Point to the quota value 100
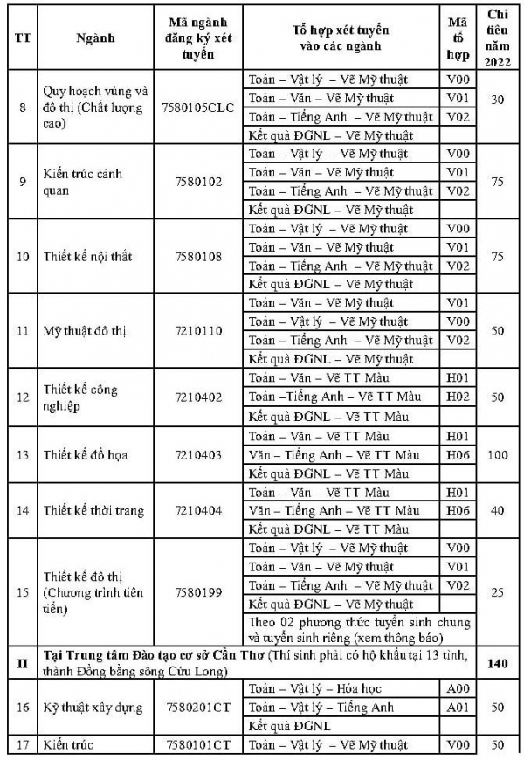tap(498, 454)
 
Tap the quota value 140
tap(498, 664)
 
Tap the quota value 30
tap(498, 100)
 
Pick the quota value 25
tap(498, 593)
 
